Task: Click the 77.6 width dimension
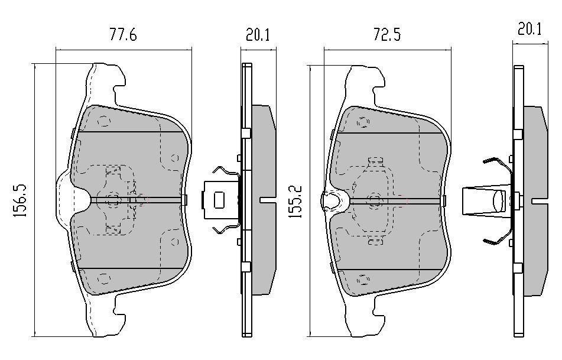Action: point(123,35)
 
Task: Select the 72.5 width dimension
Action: point(387,35)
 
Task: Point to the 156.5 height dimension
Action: point(20,200)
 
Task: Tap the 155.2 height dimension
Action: point(295,202)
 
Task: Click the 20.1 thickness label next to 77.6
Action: point(257,35)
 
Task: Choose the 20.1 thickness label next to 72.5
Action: point(529,29)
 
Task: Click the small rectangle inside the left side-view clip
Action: point(219,200)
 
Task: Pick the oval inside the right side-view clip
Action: point(499,201)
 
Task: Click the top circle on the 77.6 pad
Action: point(103,121)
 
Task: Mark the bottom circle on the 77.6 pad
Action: point(103,278)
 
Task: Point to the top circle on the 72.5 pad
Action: point(363,122)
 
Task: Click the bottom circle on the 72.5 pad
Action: point(363,280)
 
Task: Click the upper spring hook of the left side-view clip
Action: point(226,172)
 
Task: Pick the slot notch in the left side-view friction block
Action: point(267,200)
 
